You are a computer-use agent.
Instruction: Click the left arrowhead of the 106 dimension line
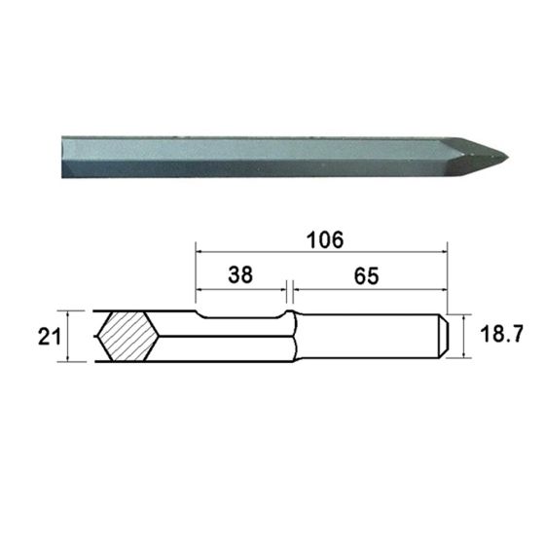point(199,252)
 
